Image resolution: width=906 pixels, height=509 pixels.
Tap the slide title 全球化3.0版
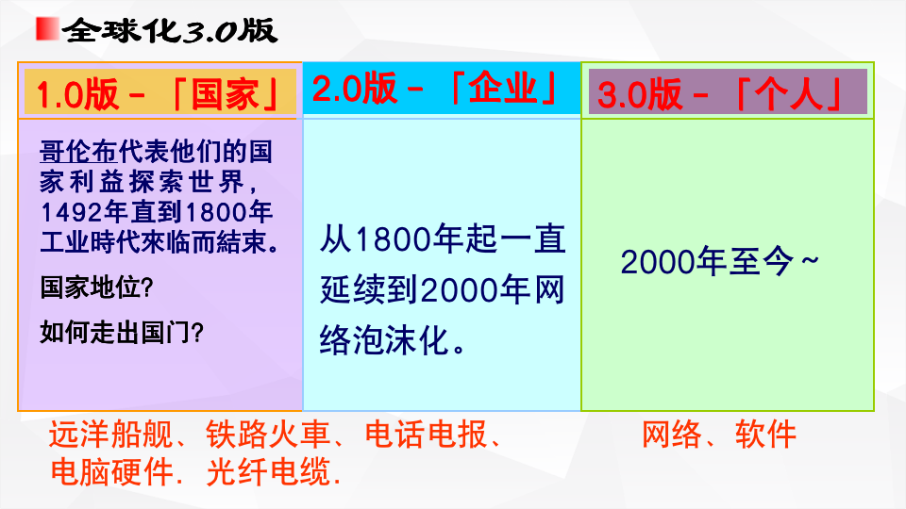170,31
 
